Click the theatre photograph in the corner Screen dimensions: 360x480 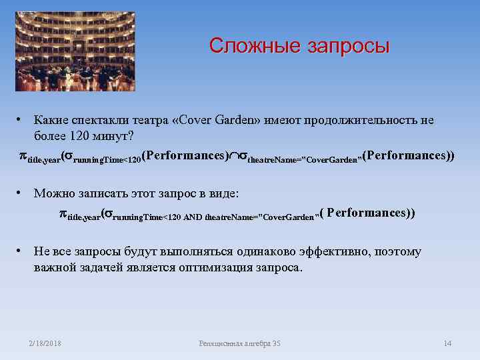tap(75, 51)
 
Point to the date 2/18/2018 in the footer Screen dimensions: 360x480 tap(45, 343)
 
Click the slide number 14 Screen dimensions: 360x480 tap(447, 343)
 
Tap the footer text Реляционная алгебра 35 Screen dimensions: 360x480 tap(240, 343)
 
